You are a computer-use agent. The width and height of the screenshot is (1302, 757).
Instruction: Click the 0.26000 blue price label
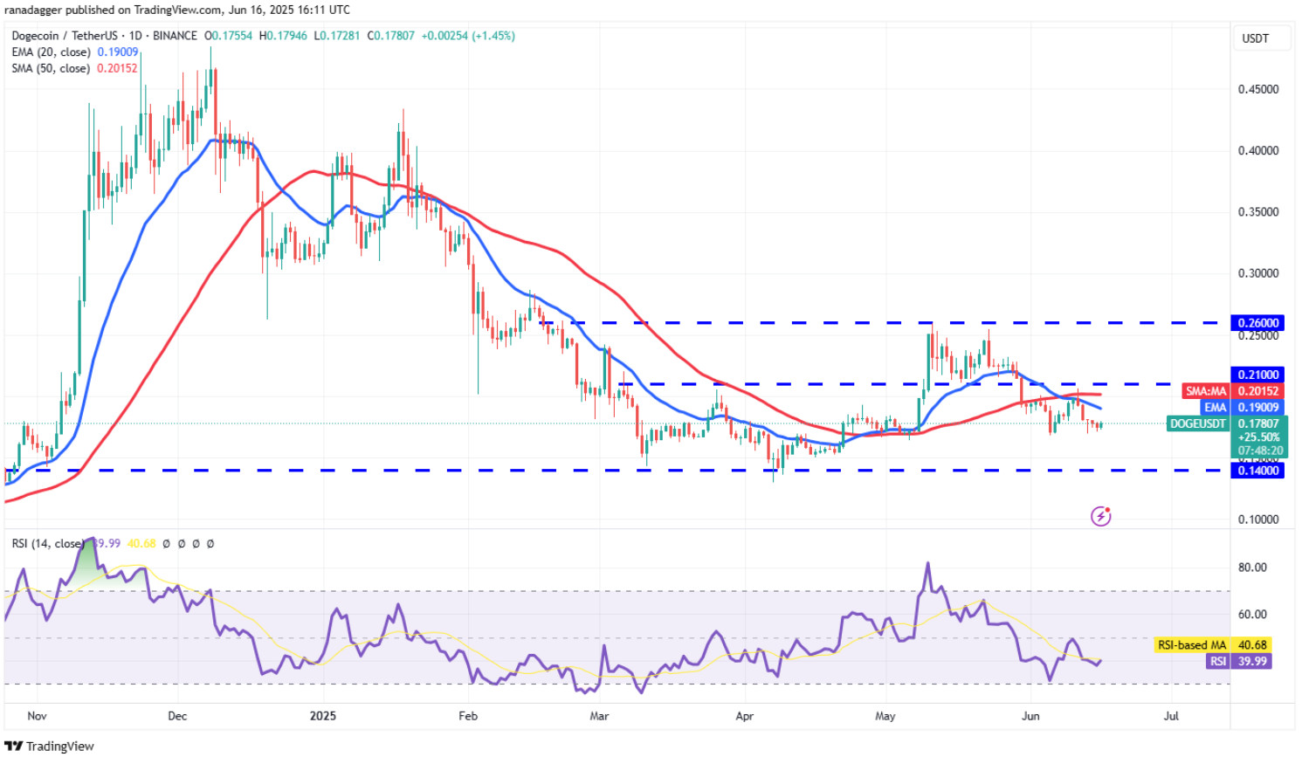pyautogui.click(x=1257, y=323)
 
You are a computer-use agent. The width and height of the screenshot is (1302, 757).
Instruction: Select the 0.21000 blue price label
pyautogui.click(x=1257, y=375)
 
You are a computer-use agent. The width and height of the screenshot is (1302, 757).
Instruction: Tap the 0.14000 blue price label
pyautogui.click(x=1257, y=471)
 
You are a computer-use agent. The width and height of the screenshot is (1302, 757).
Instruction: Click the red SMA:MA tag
pyautogui.click(x=1206, y=391)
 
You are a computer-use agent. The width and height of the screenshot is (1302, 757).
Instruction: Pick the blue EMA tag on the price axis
pyautogui.click(x=1215, y=408)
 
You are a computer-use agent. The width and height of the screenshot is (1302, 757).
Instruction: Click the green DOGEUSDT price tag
pyautogui.click(x=1198, y=423)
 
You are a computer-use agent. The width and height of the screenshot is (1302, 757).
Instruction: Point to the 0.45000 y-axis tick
pyautogui.click(x=1258, y=89)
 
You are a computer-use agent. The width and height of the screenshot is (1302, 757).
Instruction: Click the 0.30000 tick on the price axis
pyautogui.click(x=1258, y=273)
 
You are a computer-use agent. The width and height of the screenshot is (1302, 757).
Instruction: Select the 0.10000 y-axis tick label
pyautogui.click(x=1258, y=520)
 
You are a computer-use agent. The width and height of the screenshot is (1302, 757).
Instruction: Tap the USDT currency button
pyautogui.click(x=1256, y=38)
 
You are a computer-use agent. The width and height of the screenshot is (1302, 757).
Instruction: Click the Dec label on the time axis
pyautogui.click(x=177, y=716)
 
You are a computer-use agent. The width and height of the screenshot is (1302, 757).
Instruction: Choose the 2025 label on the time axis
pyautogui.click(x=323, y=716)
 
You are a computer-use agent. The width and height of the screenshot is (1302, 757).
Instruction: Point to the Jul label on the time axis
pyautogui.click(x=1171, y=716)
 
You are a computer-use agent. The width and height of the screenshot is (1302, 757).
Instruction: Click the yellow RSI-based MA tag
pyautogui.click(x=1192, y=645)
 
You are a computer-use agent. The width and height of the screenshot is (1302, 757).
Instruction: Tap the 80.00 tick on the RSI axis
pyautogui.click(x=1252, y=568)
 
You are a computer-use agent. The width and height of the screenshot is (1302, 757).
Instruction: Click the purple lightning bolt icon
pyautogui.click(x=1101, y=516)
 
